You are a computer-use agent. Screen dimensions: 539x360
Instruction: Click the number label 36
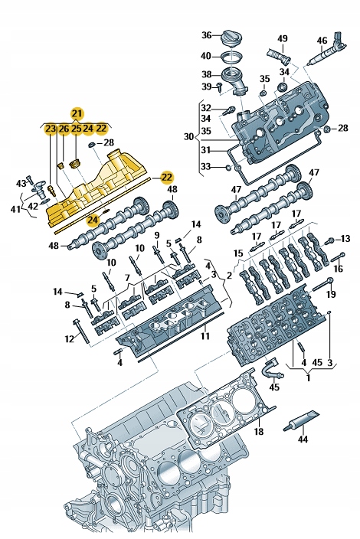pos(206,35)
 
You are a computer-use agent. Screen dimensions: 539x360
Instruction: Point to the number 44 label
pos(303,439)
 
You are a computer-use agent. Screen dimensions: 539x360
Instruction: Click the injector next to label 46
pos(323,54)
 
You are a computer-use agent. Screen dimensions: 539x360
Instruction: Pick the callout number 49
pos(282,39)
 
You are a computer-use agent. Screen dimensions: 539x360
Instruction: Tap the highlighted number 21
pos(77,113)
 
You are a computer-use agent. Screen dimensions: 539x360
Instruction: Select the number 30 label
pos(188,137)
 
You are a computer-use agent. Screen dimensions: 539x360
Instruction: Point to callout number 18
pos(258,433)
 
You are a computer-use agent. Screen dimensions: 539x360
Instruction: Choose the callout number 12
pos(70,338)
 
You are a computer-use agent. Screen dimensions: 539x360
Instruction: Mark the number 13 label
pos(345,239)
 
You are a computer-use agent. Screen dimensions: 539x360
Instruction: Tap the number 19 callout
pos(331,294)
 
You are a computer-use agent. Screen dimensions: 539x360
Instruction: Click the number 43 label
pos(21,182)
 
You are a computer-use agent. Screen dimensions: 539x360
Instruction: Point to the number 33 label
pos(206,166)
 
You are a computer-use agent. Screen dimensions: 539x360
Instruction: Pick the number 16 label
pos(339,269)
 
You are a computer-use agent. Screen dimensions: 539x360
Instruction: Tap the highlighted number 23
pos(50,128)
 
